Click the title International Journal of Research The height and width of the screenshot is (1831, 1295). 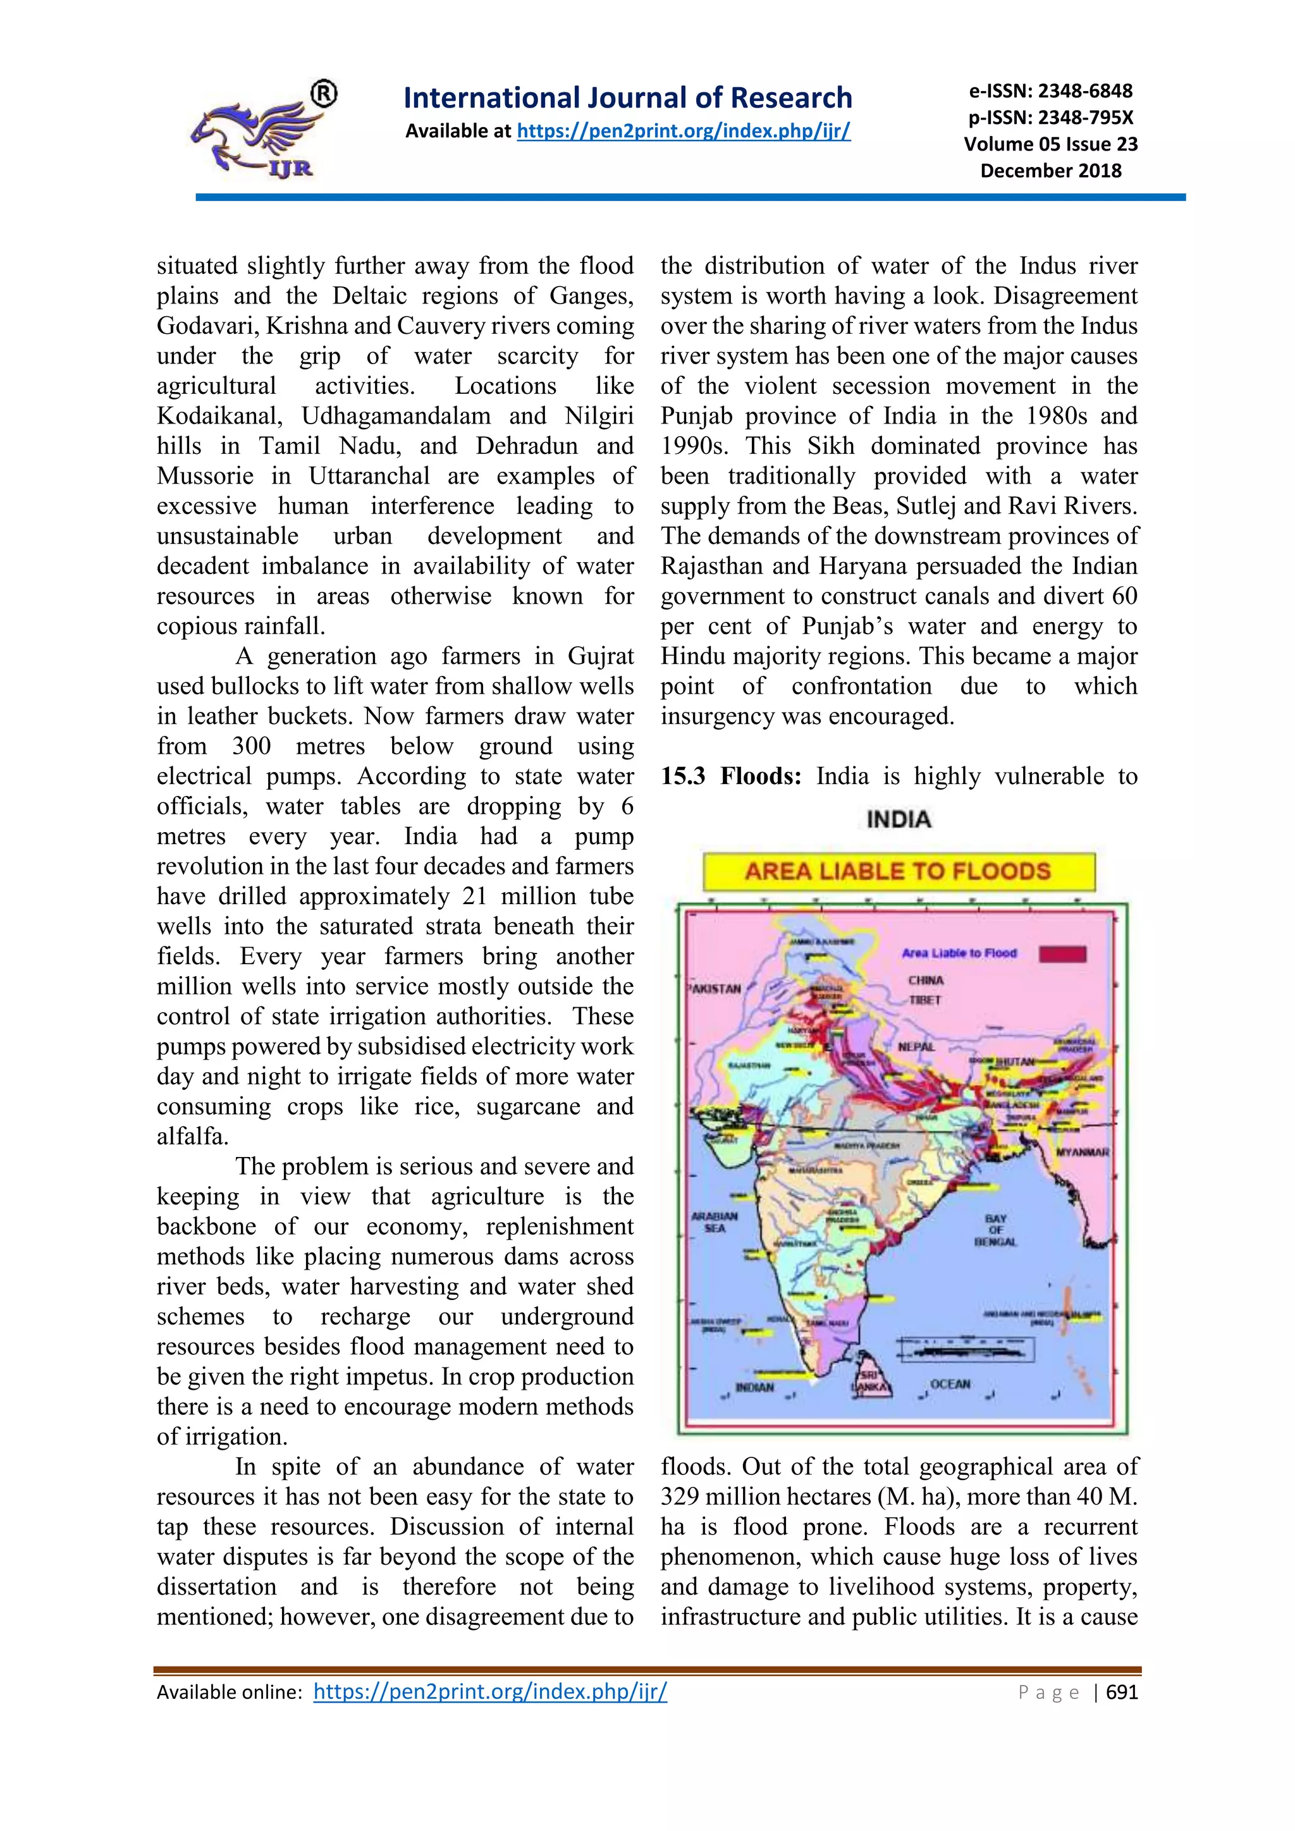(x=627, y=97)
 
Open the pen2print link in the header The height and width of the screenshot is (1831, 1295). (x=684, y=131)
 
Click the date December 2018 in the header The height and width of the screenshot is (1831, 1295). (x=1050, y=171)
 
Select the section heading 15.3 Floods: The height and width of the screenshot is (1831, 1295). (x=730, y=776)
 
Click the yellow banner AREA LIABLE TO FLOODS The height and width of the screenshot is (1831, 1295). (x=898, y=871)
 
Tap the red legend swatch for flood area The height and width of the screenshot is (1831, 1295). (x=1063, y=954)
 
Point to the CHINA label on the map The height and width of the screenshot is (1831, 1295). (x=926, y=980)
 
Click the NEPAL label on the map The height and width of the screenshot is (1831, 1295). (x=916, y=1046)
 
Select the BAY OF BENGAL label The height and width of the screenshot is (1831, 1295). (x=995, y=1230)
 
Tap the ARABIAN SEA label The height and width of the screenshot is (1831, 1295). (x=715, y=1223)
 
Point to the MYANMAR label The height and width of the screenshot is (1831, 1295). (x=1082, y=1153)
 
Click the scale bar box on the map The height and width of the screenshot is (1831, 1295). (x=966, y=1349)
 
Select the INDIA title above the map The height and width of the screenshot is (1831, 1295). (x=898, y=819)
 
